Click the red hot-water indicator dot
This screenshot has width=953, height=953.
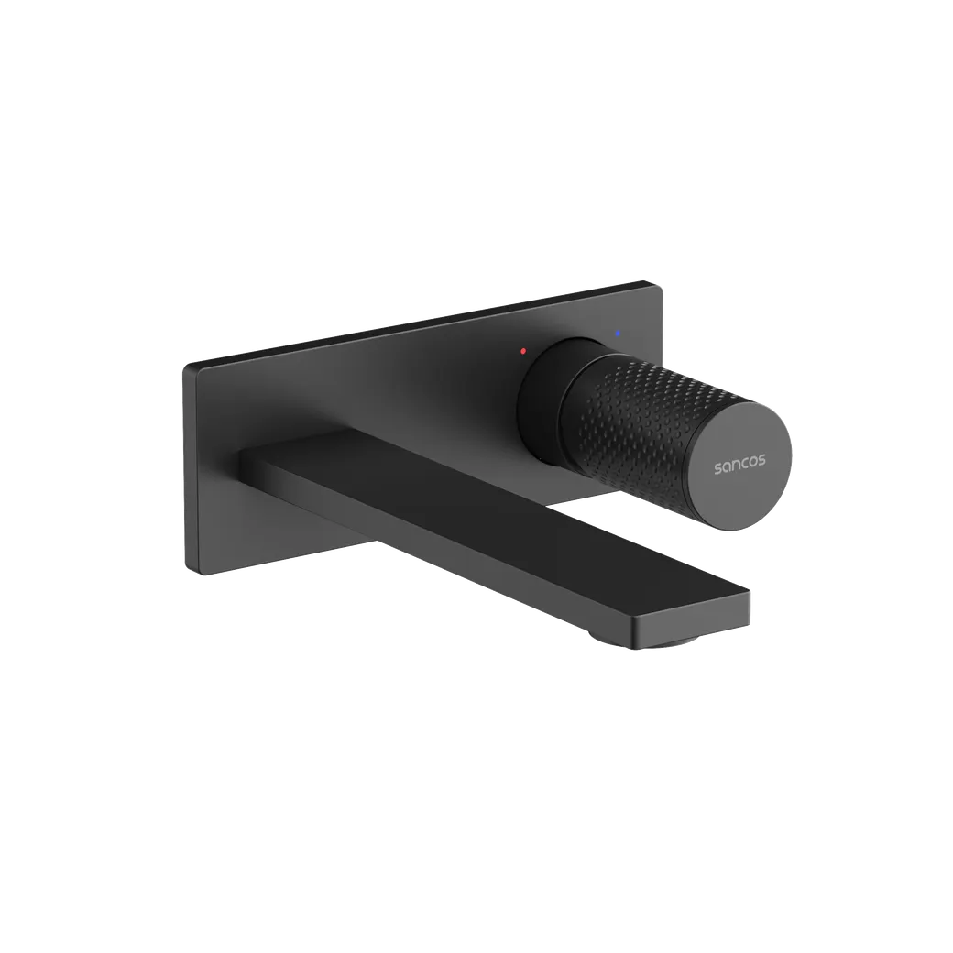[523, 351]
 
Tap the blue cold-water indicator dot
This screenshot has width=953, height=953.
[618, 333]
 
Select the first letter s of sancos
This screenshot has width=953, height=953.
[717, 468]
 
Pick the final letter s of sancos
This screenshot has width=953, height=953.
[762, 463]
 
